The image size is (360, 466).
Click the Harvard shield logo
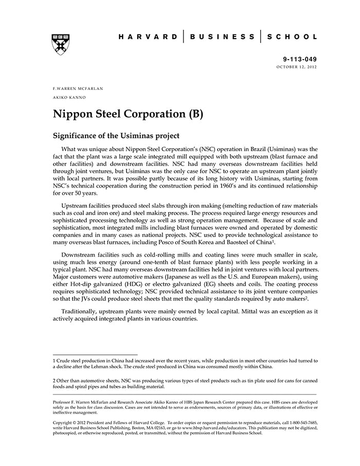tap(61, 44)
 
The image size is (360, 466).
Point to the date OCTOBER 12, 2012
tap(297, 67)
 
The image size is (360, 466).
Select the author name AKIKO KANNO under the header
tap(69, 97)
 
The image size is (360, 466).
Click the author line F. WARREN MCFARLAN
tap(78, 88)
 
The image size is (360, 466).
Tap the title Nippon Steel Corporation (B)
tap(128, 114)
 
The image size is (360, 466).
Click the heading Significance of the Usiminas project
tap(116, 136)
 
